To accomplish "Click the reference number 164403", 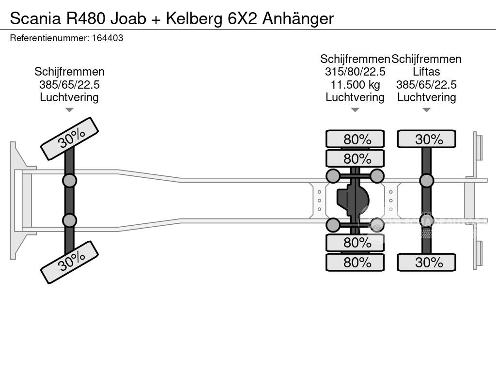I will coord(107,38).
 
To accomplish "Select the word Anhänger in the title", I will coord(298,18).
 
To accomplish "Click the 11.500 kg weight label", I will coord(355,85).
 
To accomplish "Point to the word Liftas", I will coord(426,72).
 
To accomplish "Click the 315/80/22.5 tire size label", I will coord(355,72).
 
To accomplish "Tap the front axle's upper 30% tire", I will coord(69,139).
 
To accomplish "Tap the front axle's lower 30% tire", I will coord(69,262).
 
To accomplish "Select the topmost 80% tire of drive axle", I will coord(355,139).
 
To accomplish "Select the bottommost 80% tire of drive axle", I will coord(355,263).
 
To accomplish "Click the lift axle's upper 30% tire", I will coord(426,139).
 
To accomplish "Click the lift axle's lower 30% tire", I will coord(426,263).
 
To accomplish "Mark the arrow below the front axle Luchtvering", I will coord(69,110).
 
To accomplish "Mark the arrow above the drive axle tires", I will coord(355,110).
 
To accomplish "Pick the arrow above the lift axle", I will coord(426,110).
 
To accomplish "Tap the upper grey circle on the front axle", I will coord(69,181).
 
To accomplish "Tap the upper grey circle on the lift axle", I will coord(426,181).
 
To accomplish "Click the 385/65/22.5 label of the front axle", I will coord(69,85).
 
